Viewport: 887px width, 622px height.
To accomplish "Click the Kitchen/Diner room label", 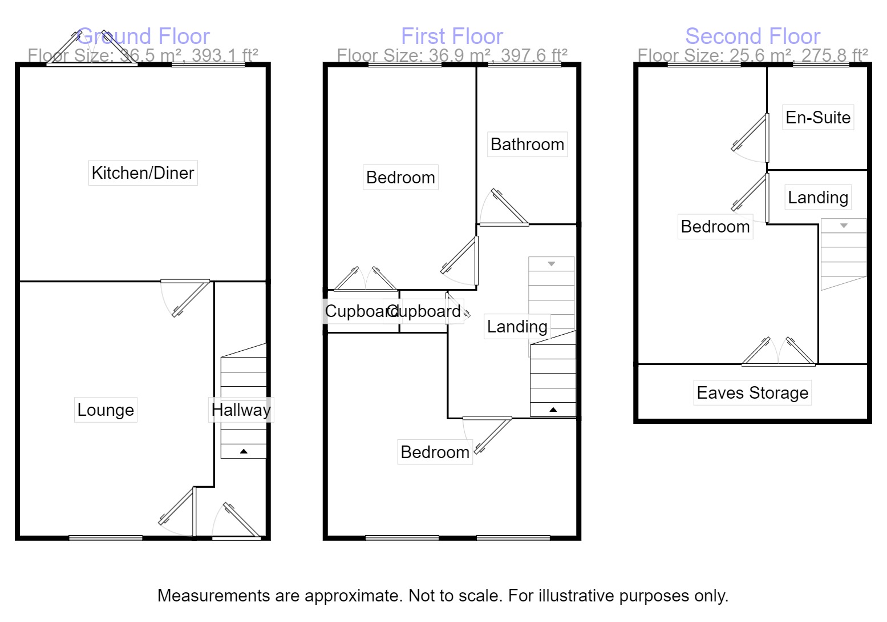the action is click(x=143, y=172).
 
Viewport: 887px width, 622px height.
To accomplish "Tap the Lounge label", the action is click(x=106, y=410).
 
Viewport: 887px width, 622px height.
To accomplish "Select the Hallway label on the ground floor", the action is click(x=241, y=410).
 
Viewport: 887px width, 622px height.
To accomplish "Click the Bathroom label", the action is click(x=527, y=144).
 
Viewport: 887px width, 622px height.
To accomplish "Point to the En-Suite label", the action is click(x=818, y=117).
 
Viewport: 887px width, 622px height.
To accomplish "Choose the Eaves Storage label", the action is click(x=752, y=392).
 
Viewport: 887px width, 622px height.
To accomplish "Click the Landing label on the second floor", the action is click(x=818, y=197).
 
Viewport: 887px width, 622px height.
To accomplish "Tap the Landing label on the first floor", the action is click(x=517, y=326).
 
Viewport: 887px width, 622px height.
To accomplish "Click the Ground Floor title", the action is click(x=143, y=37).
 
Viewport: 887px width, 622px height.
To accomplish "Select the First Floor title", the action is click(x=452, y=37).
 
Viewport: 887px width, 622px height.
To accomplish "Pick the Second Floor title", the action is click(x=752, y=37).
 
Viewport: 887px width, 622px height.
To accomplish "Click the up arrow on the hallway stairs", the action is click(x=244, y=451).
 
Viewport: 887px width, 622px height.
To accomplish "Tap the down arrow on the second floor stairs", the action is click(x=844, y=226).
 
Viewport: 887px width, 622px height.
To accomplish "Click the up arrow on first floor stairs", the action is click(x=553, y=410).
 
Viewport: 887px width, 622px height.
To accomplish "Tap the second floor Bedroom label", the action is click(x=715, y=226).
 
